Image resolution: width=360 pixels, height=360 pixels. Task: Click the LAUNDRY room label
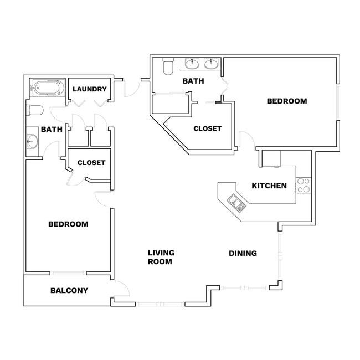(x=89, y=89)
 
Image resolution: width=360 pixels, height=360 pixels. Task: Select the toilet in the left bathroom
(x=35, y=110)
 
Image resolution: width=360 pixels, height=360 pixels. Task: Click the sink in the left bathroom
(x=31, y=141)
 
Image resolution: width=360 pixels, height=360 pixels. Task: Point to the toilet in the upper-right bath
(x=168, y=67)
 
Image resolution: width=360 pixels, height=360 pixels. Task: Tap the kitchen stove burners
(x=302, y=185)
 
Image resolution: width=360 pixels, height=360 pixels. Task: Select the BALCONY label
(x=69, y=290)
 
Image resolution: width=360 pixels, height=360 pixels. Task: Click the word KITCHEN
(x=269, y=186)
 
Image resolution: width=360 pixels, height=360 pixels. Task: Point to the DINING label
(x=243, y=253)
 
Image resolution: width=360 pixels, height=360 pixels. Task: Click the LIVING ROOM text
(x=161, y=257)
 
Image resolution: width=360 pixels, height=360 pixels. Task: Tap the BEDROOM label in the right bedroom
(x=287, y=101)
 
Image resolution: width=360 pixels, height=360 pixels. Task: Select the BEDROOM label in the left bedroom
(x=68, y=224)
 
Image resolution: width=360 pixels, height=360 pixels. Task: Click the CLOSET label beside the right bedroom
(x=207, y=128)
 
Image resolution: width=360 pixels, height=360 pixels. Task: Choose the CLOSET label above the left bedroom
(x=91, y=163)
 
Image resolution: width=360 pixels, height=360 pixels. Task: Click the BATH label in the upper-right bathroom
(x=193, y=81)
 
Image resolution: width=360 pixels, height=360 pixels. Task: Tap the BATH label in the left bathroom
(x=52, y=130)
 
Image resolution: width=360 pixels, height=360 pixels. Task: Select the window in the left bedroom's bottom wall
(x=68, y=272)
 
